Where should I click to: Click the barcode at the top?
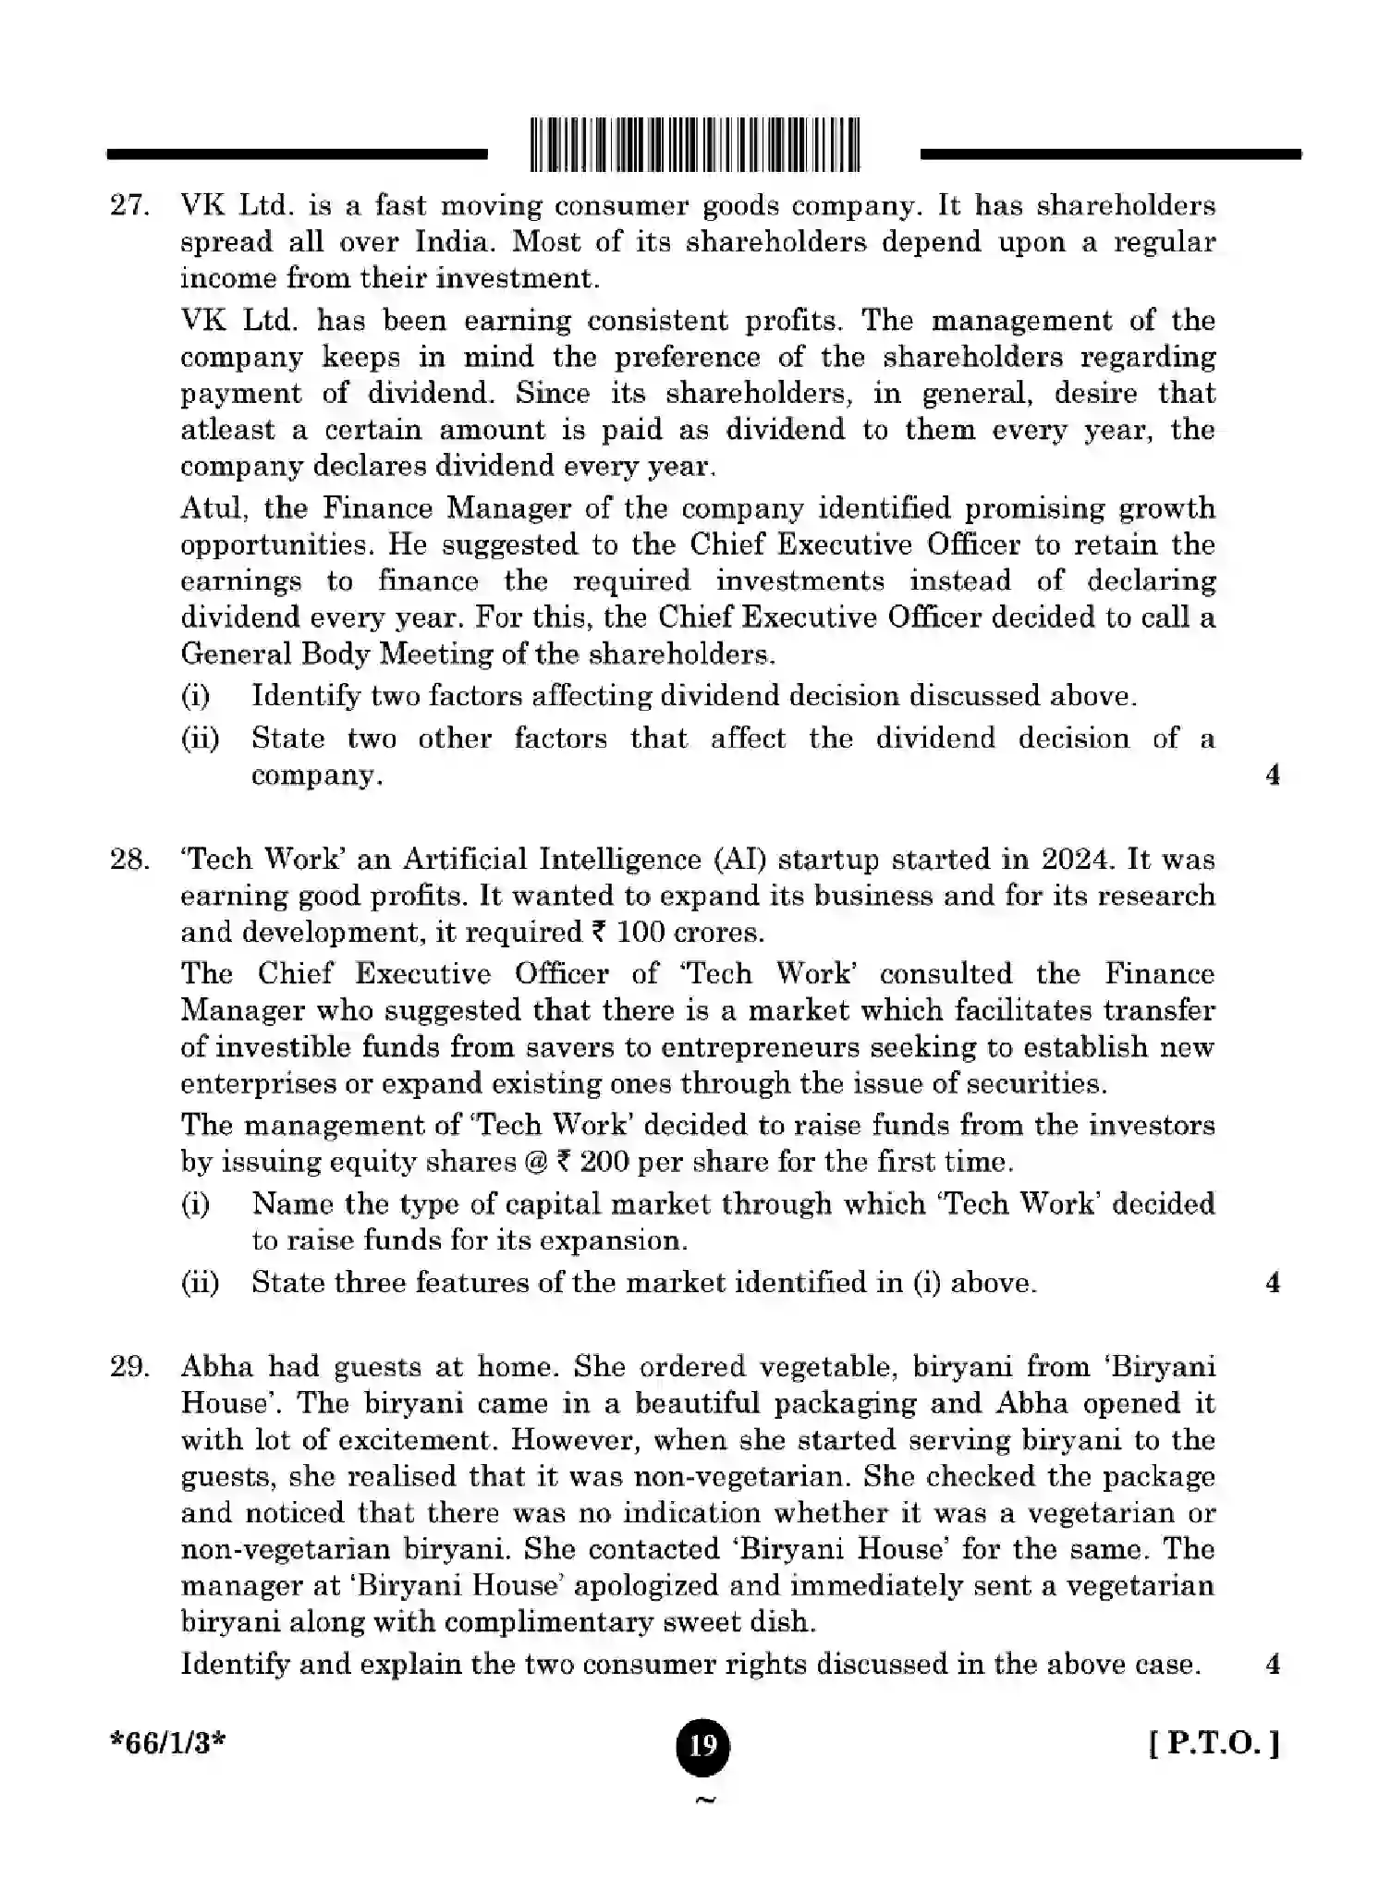pos(695,145)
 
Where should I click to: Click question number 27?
pos(129,205)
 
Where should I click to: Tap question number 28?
pos(129,860)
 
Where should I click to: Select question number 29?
pos(129,1367)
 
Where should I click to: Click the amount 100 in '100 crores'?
pos(641,932)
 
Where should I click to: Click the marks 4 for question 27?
pos(1273,775)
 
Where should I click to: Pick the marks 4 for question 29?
pos(1273,1665)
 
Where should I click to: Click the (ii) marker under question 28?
pos(200,1284)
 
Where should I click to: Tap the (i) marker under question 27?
pos(195,696)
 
